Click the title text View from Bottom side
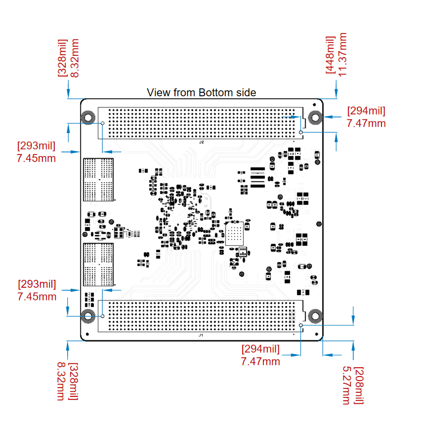202,92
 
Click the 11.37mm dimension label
341,54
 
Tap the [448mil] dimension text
330,55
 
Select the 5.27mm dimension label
347,385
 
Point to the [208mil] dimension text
359,385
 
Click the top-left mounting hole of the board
88,117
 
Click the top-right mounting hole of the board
315,117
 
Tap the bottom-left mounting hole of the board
88,316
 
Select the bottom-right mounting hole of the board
315,316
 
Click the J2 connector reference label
202,142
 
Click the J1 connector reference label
201,335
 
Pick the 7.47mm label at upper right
366,123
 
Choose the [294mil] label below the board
260,349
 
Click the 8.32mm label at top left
75,58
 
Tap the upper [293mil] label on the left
36,146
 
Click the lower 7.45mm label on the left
37,297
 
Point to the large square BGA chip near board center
234,233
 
